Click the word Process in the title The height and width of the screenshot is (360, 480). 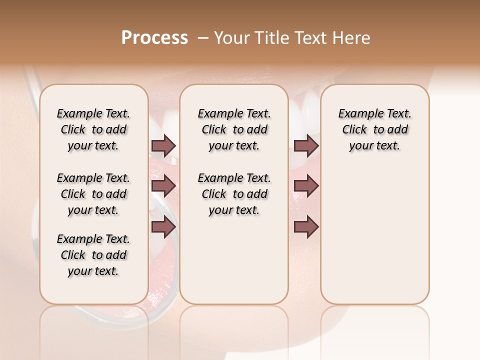154,38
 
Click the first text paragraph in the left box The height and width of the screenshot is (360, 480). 93,129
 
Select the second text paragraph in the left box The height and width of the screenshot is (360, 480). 93,194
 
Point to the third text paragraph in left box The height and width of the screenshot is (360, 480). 93,255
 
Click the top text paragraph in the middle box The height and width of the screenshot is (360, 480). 234,129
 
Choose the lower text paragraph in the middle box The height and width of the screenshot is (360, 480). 234,194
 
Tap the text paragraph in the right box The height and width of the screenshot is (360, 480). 374,129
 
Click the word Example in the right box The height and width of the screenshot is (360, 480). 357,114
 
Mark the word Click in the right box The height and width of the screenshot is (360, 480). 354,130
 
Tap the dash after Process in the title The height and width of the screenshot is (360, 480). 202,38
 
